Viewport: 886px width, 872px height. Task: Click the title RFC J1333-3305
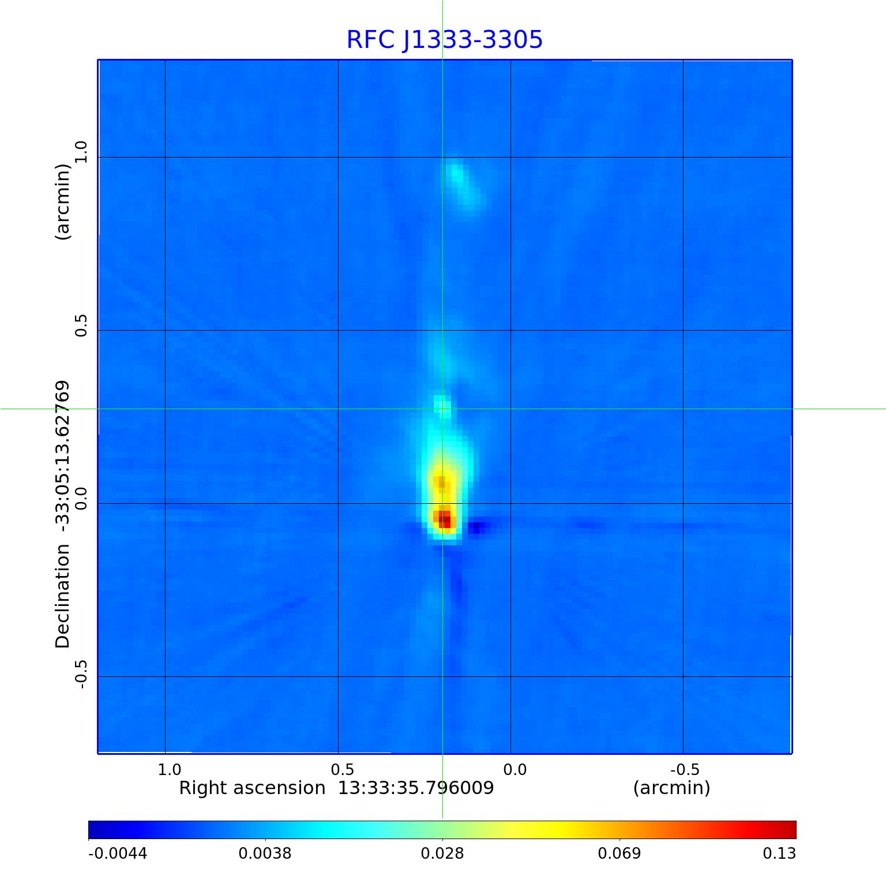(x=444, y=40)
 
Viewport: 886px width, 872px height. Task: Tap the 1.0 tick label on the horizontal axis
(x=169, y=769)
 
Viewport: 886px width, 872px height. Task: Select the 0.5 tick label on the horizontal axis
(x=342, y=769)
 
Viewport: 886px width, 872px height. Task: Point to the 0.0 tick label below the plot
(x=515, y=769)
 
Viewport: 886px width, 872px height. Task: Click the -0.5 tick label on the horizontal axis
(x=685, y=769)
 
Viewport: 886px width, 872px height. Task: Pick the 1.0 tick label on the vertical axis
(x=80, y=152)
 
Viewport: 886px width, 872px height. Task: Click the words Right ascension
(x=252, y=788)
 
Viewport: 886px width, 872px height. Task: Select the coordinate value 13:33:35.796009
(x=415, y=788)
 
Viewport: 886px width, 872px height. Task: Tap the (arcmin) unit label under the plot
(x=671, y=788)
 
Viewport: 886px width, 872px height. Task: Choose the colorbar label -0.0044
(x=118, y=853)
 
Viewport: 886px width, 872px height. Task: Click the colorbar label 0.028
(x=442, y=853)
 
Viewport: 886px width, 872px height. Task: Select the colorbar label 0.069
(x=619, y=853)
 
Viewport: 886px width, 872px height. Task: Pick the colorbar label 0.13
(x=779, y=853)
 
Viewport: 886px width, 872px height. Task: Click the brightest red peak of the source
(x=444, y=518)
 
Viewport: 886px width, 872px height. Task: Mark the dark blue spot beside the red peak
(x=476, y=527)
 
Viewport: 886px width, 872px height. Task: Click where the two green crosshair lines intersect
(x=442, y=409)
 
